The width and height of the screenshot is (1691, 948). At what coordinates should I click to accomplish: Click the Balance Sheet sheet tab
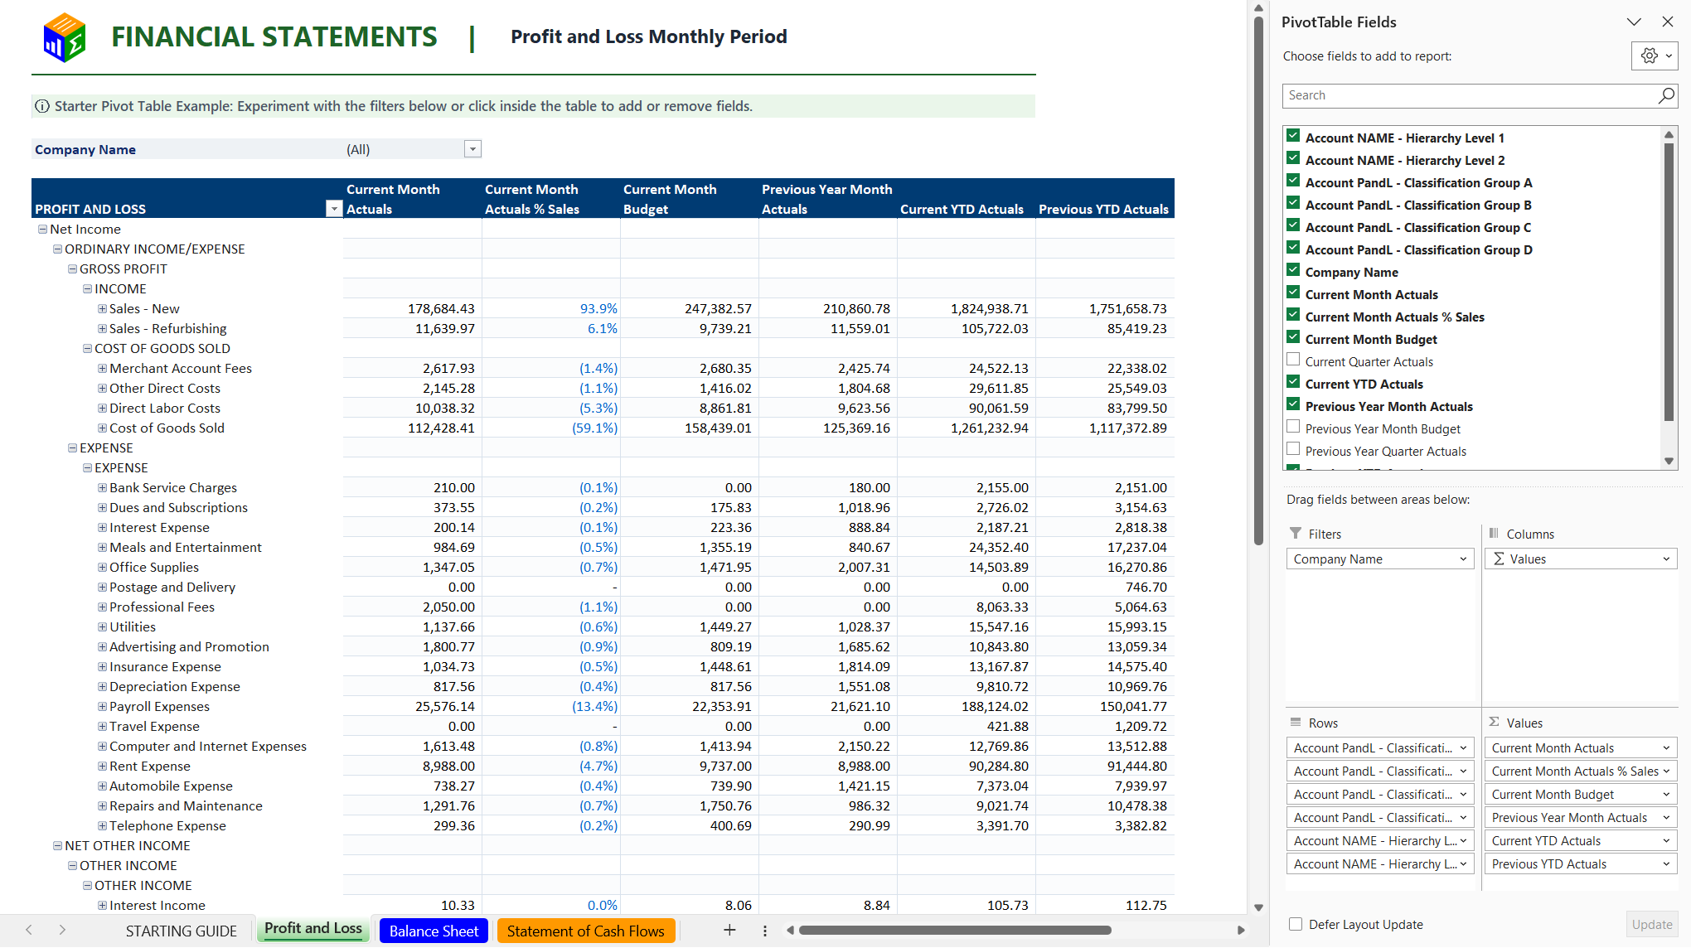[434, 931]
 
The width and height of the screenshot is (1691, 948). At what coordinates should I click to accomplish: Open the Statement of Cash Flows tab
[586, 931]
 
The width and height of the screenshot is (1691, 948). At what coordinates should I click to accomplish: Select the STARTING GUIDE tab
[182, 931]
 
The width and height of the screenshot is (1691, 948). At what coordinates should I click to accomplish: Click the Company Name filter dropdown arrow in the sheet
[472, 149]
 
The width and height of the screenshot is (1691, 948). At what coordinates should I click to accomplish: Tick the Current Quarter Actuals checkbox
[1293, 360]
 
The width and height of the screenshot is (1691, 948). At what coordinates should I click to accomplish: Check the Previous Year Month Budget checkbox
[1293, 427]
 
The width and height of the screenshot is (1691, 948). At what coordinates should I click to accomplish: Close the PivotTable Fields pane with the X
[1668, 22]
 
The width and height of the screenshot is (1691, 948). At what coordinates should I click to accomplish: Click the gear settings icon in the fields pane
[1650, 56]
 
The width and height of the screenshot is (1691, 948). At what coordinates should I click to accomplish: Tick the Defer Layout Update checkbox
[1296, 924]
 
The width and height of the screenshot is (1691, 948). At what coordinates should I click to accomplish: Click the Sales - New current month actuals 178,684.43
[441, 308]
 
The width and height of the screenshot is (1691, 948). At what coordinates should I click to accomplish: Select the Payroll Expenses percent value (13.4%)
[594, 706]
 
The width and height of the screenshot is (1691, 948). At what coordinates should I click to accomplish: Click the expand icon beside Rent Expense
[102, 766]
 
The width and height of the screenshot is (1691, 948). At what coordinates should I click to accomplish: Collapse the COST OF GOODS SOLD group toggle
[87, 348]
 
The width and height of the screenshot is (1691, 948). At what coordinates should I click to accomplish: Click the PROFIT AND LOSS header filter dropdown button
[333, 209]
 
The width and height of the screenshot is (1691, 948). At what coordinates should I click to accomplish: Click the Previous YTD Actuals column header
[1103, 209]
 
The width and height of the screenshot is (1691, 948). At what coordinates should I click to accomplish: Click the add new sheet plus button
[729, 930]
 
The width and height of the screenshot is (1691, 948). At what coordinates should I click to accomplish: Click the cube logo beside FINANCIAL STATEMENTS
[65, 37]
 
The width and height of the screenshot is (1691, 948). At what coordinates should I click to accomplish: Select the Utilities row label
[133, 626]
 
